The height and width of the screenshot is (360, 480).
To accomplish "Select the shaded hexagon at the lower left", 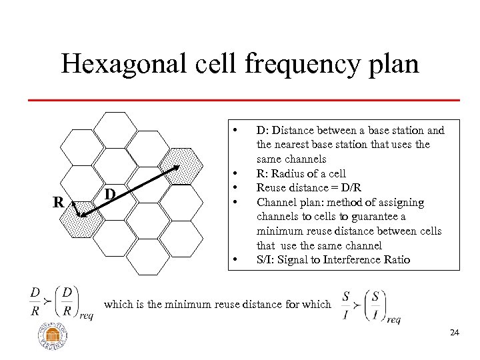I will click(x=80, y=222).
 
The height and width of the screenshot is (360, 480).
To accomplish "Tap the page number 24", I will click(x=454, y=332).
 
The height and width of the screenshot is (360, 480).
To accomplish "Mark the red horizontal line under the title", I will click(x=244, y=99).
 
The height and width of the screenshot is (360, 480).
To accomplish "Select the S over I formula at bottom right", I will click(x=370, y=306).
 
